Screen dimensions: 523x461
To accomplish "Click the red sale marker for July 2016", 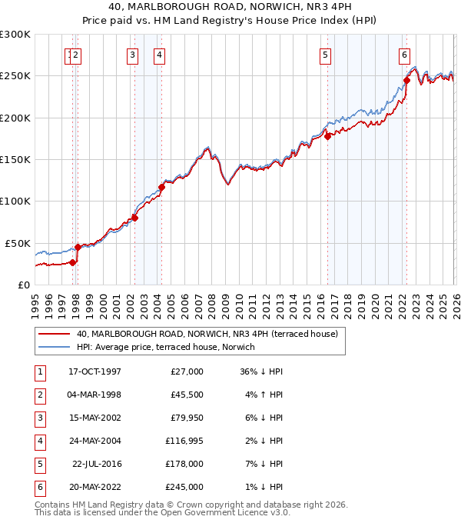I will click(x=327, y=137).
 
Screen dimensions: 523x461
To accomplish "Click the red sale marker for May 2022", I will click(x=406, y=80).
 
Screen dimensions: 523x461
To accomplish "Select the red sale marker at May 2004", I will click(x=162, y=187).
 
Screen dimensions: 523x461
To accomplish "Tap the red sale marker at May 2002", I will click(x=134, y=218).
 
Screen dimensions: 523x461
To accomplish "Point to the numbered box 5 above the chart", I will click(x=326, y=55).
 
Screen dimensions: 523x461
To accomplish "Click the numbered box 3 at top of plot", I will click(x=132, y=55).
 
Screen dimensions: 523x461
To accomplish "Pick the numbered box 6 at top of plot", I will click(x=404, y=55).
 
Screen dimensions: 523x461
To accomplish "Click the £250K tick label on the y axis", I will click(x=15, y=76).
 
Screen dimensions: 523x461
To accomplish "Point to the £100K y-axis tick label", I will click(x=15, y=201).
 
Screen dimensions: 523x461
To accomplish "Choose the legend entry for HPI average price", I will click(x=165, y=347).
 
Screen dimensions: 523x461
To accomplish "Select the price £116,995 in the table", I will click(x=184, y=441).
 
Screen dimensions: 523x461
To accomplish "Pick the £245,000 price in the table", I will click(x=184, y=487).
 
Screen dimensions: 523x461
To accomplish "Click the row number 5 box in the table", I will click(x=38, y=464).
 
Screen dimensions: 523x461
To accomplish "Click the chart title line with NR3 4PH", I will click(x=230, y=8).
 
